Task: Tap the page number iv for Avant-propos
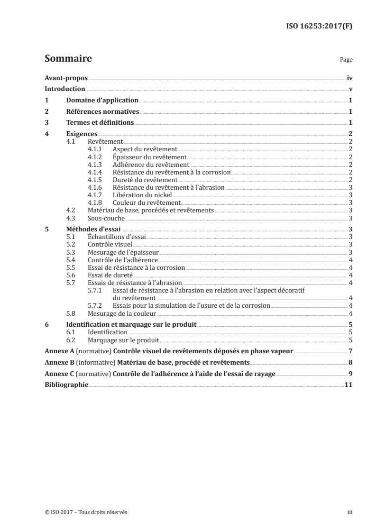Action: [349, 78]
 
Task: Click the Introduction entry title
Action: [64, 89]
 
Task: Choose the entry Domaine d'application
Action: [102, 100]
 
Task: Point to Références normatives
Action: [102, 111]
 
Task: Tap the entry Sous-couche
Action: [106, 218]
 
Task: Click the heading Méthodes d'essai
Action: [93, 229]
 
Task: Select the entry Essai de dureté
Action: [110, 275]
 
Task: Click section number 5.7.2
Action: [95, 306]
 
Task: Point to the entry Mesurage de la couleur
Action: [122, 313]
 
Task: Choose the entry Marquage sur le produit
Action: [124, 340]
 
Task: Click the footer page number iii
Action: [349, 512]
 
